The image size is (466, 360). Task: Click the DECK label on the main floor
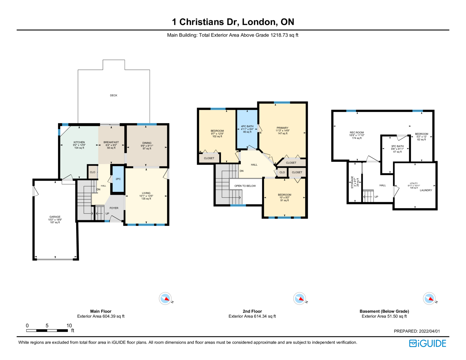pos(114,96)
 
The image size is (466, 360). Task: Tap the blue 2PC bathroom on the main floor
pos(118,179)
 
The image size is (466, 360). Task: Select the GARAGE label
pos(55,217)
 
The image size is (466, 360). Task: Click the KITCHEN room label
pos(79,142)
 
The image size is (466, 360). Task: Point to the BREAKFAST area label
pos(111,142)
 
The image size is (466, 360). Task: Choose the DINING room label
pos(147,143)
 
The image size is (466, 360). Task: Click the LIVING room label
pos(146,193)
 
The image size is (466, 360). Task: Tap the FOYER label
pos(114,208)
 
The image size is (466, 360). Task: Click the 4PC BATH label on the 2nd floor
pos(247,126)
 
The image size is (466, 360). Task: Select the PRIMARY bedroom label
pos(283,128)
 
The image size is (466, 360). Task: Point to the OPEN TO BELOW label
pos(245,186)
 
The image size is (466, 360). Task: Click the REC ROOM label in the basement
pos(357,133)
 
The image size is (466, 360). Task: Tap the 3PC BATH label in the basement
pos(397,146)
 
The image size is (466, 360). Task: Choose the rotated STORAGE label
pos(352,182)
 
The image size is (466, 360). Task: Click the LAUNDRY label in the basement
pos(426,190)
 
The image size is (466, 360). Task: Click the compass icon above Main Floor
pos(165,299)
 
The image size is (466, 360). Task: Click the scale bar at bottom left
pos(47,330)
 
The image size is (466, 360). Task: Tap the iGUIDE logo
pos(428,343)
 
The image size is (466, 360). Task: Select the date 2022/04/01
pos(430,331)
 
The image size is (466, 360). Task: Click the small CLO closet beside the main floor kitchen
pos(92,172)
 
